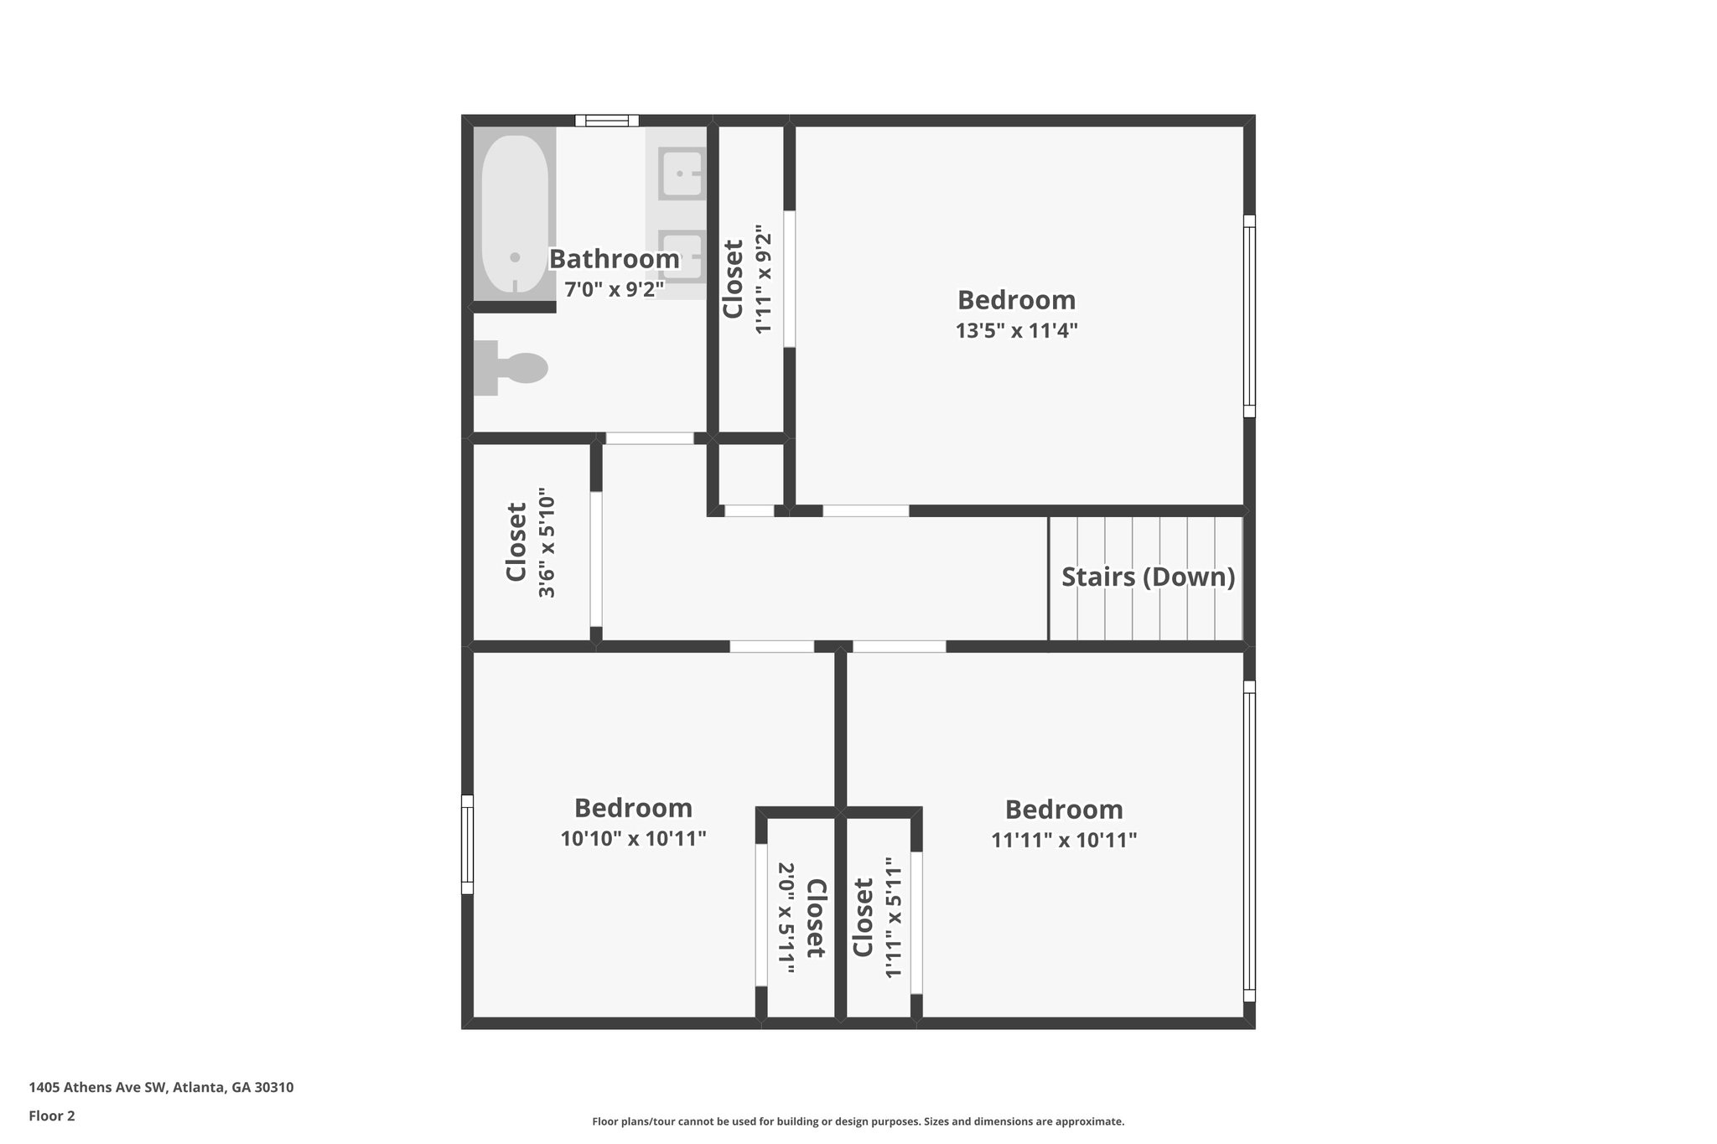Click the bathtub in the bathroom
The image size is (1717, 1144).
click(x=515, y=214)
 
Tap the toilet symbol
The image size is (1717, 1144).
click(x=511, y=368)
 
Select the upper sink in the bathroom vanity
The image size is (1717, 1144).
click(x=680, y=173)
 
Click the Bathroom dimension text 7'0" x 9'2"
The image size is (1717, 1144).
click(x=614, y=290)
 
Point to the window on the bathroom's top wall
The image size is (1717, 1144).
click(x=607, y=121)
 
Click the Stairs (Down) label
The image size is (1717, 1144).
click(x=1148, y=577)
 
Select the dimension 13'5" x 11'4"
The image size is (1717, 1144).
click(x=1016, y=330)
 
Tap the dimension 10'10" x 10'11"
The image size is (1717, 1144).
click(x=633, y=838)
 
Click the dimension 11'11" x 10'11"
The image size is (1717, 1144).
click(x=1064, y=840)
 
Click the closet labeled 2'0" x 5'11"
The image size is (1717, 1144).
click(x=800, y=919)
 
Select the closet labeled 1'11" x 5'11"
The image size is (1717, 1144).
click(x=877, y=917)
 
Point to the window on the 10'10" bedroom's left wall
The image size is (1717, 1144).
click(x=467, y=845)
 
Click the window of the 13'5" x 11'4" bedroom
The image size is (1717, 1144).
click(x=1248, y=316)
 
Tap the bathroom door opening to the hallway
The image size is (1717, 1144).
click(x=650, y=438)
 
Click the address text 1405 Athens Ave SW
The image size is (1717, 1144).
click(x=161, y=1088)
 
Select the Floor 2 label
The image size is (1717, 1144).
click(x=52, y=1116)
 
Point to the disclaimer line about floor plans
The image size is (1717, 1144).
click(x=858, y=1121)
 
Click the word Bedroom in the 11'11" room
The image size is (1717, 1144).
click(x=1064, y=810)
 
